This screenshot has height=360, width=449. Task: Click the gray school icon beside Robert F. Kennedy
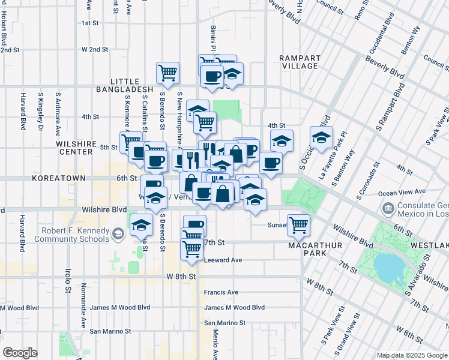(x=118, y=234)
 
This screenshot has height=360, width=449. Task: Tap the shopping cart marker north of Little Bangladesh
(x=167, y=73)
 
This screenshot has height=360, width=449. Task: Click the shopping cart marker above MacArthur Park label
(x=298, y=225)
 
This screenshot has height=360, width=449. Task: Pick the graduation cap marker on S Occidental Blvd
(x=321, y=137)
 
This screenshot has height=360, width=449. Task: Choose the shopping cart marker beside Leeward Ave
(x=191, y=248)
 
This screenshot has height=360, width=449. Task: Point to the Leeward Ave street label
(x=223, y=260)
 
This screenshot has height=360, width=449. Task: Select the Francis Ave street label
(x=221, y=292)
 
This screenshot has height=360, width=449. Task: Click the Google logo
(x=20, y=353)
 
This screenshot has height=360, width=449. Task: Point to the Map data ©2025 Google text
(x=412, y=355)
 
